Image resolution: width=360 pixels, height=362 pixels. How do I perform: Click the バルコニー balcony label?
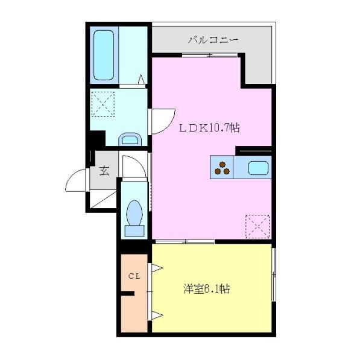point(213,40)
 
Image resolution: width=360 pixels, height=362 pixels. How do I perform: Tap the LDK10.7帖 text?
point(208,127)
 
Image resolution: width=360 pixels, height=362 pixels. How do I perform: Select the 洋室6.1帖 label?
point(206,289)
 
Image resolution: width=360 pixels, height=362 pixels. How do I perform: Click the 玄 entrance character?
point(104,171)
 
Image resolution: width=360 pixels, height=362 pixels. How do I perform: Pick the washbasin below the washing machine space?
point(129,140)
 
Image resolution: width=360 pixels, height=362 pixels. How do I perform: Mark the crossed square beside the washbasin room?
point(104,103)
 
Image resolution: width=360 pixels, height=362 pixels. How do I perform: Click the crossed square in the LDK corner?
point(258,226)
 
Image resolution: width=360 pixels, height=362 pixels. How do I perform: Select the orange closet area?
point(133,302)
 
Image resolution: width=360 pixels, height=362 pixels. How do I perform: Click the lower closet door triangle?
point(156,314)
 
